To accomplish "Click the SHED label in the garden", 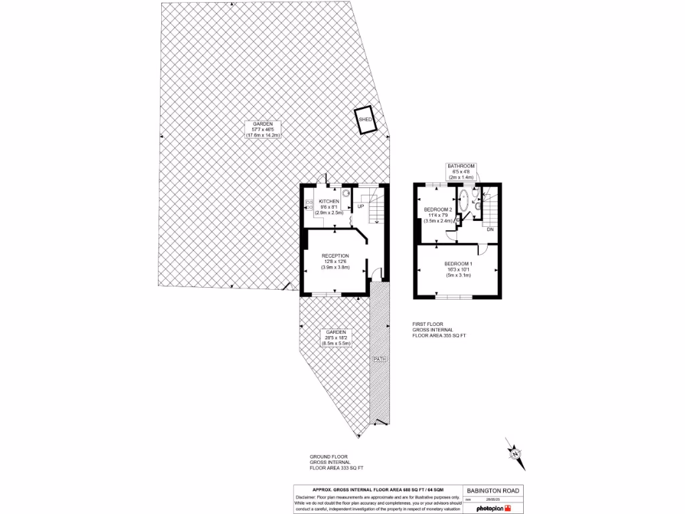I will (x=365, y=119).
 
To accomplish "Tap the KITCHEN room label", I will (x=328, y=201).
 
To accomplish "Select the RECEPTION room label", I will (x=335, y=256).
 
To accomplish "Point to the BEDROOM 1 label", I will (x=458, y=263).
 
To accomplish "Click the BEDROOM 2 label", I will (x=438, y=209).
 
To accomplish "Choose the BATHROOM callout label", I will (x=462, y=166).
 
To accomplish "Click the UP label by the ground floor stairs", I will (x=361, y=206).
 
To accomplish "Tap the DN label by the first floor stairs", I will (x=490, y=230).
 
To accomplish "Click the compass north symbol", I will (x=516, y=454).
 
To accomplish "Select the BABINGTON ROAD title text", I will (x=494, y=491).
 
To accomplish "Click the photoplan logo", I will (x=492, y=509).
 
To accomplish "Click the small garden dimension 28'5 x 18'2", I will (x=335, y=338).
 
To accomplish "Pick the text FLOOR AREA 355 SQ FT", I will (x=439, y=336).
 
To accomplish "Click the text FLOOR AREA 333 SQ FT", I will (x=336, y=468).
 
